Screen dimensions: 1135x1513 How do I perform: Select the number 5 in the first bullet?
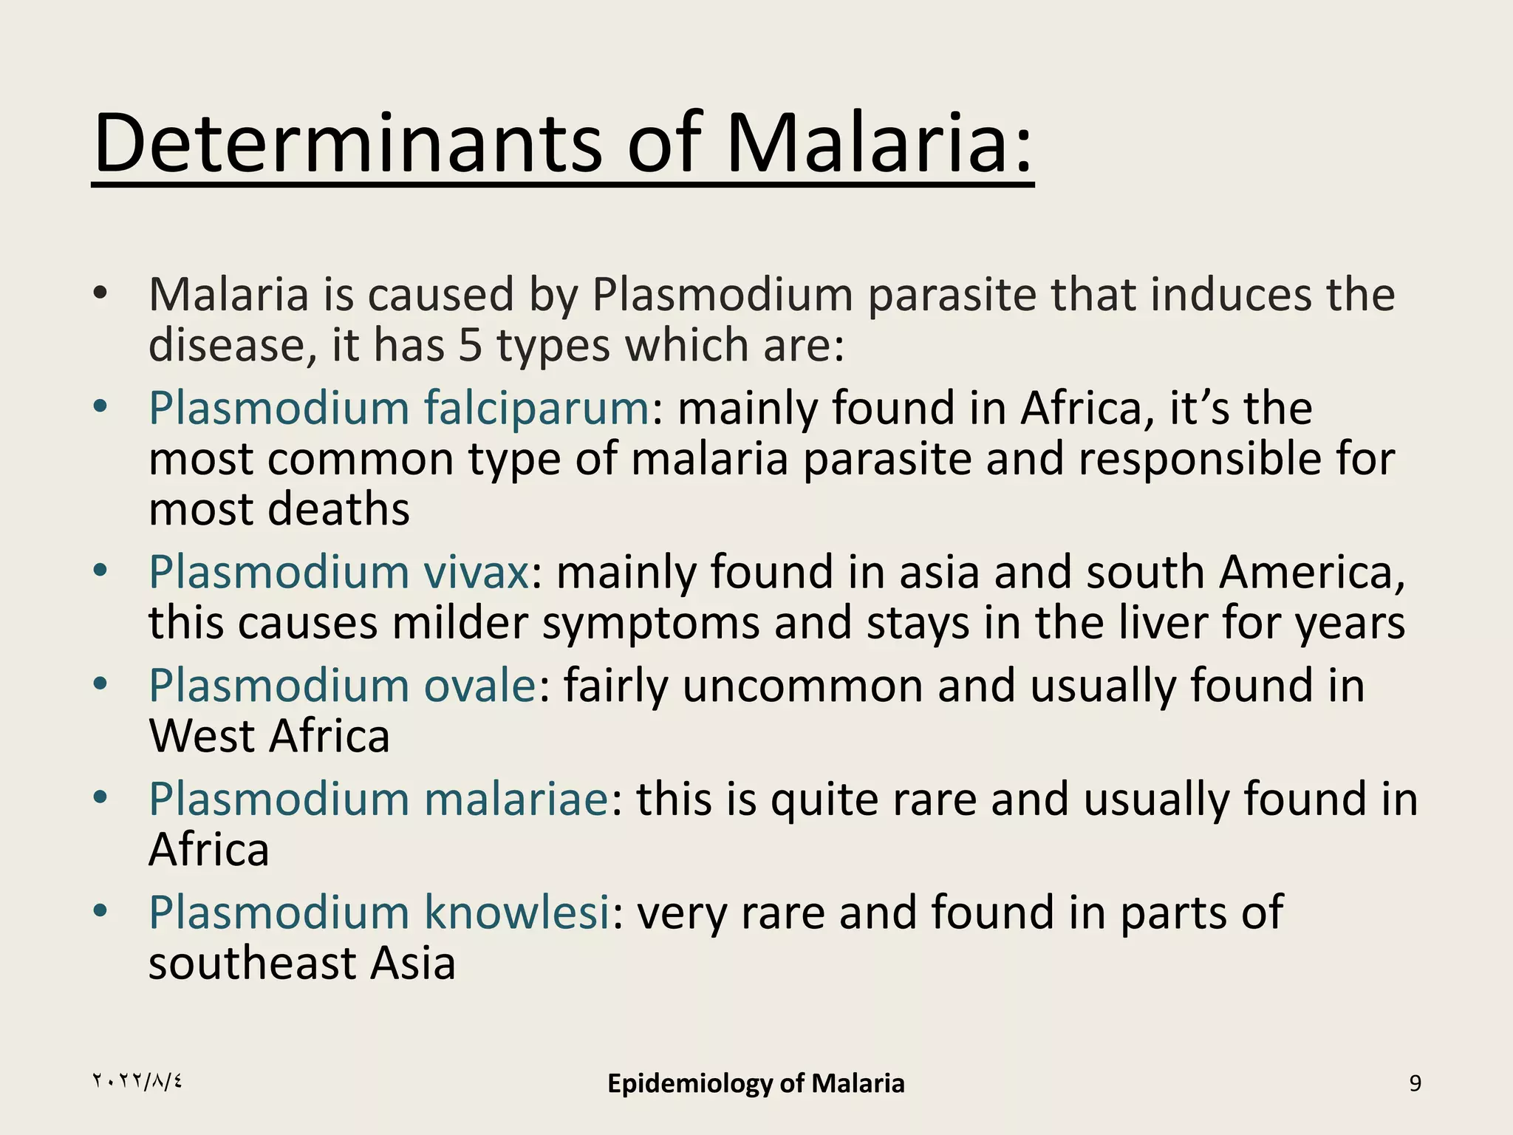coord(470,345)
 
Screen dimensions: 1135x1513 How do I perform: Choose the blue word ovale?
coord(479,686)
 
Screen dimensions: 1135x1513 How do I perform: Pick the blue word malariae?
coord(516,800)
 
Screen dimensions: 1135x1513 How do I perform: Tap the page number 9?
coord(1415,1083)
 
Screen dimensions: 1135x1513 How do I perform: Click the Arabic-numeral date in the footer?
coord(137,1082)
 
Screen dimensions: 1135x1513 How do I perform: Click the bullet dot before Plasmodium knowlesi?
coord(100,910)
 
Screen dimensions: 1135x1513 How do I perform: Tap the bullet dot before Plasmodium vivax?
coord(100,570)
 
